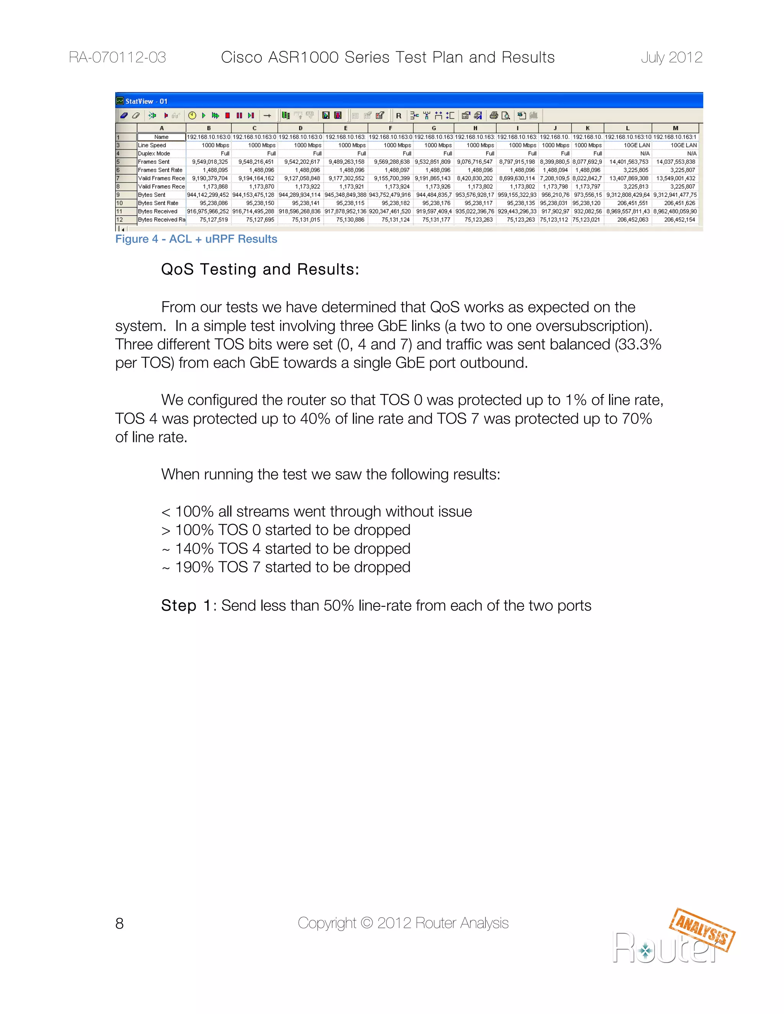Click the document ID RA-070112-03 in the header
click(x=117, y=57)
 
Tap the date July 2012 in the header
click(x=671, y=57)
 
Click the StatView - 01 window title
click(x=146, y=101)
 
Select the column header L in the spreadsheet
click(x=627, y=128)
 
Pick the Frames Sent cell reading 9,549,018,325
click(x=209, y=162)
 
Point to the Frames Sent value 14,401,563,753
click(x=629, y=162)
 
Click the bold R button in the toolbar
click(x=399, y=116)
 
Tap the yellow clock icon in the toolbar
click(x=192, y=116)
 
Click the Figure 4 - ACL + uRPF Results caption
click(x=196, y=239)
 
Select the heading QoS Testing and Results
click(x=260, y=269)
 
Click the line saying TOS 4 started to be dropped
click(x=292, y=549)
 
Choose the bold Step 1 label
click(x=186, y=606)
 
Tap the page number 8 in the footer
click(x=119, y=923)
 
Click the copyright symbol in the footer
click(x=366, y=923)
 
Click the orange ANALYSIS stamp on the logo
click(x=702, y=930)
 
